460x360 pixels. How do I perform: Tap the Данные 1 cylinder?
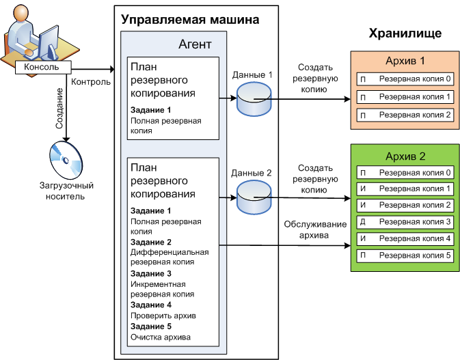click(x=254, y=99)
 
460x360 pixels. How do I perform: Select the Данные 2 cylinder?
click(x=254, y=195)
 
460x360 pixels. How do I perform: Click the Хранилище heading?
click(x=405, y=33)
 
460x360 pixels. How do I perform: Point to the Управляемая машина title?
click(x=189, y=19)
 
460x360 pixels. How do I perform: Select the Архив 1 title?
click(x=404, y=61)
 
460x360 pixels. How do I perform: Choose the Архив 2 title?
click(x=404, y=156)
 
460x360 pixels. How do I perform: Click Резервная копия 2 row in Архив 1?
click(x=404, y=114)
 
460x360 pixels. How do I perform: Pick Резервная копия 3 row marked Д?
click(x=404, y=222)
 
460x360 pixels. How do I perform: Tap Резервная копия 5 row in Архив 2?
click(x=404, y=255)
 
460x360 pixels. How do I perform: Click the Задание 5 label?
click(x=150, y=326)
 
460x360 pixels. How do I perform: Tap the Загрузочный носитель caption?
click(x=66, y=191)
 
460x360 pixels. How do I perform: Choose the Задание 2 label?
click(x=150, y=242)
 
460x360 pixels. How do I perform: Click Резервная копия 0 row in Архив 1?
click(x=404, y=79)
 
